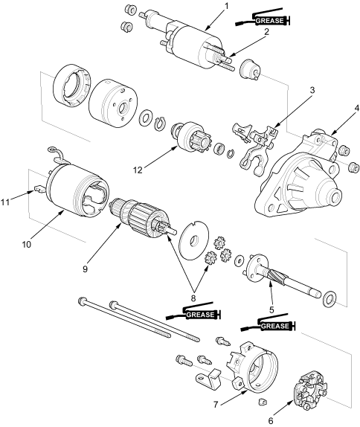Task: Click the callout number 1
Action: point(227,5)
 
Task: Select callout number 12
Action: point(138,170)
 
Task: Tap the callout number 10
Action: point(27,244)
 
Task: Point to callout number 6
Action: point(271,420)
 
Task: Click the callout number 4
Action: point(357,108)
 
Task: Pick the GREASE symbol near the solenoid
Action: point(262,18)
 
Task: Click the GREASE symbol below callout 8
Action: point(193,312)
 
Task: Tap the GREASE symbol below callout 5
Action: point(268,324)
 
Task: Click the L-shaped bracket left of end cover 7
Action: point(208,379)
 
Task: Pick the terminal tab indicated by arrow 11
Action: point(39,188)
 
